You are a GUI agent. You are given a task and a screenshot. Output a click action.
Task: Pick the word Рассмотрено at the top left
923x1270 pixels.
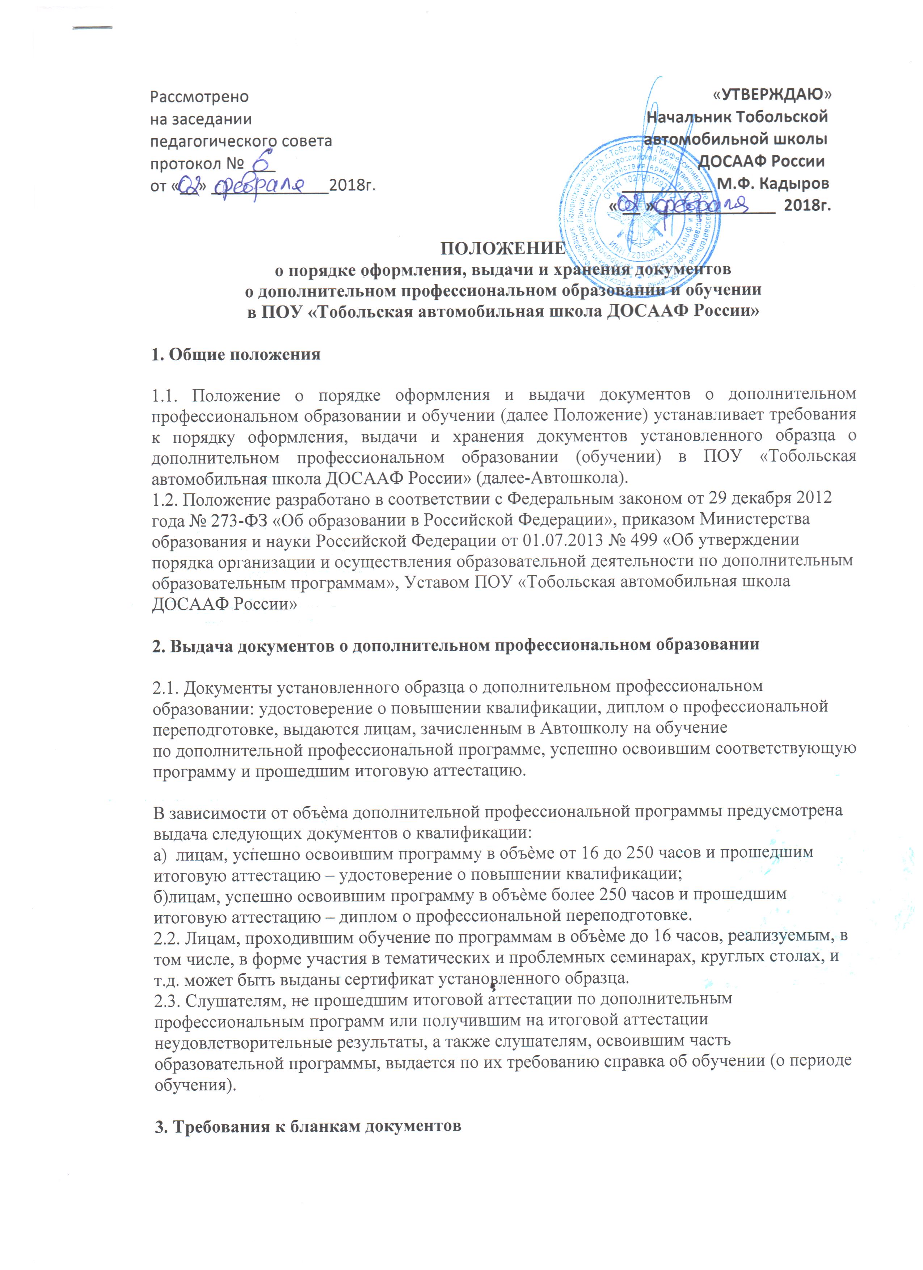(x=199, y=96)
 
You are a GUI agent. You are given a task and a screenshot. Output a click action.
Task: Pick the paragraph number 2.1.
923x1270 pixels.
(x=166, y=686)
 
